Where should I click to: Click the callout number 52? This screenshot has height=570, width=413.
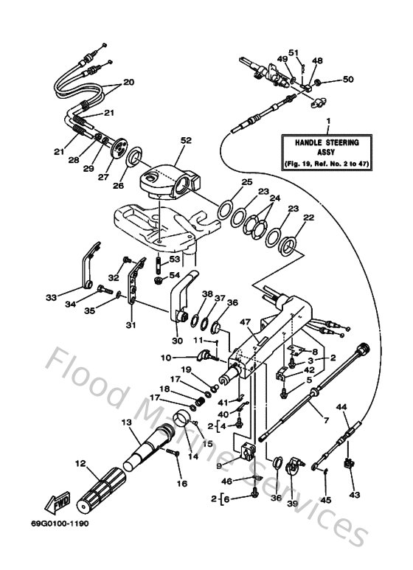click(x=185, y=140)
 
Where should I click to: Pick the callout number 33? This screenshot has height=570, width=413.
click(x=51, y=298)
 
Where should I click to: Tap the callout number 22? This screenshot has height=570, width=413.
click(x=308, y=218)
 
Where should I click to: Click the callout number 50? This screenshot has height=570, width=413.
click(x=348, y=79)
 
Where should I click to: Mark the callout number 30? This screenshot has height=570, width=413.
click(x=177, y=341)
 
